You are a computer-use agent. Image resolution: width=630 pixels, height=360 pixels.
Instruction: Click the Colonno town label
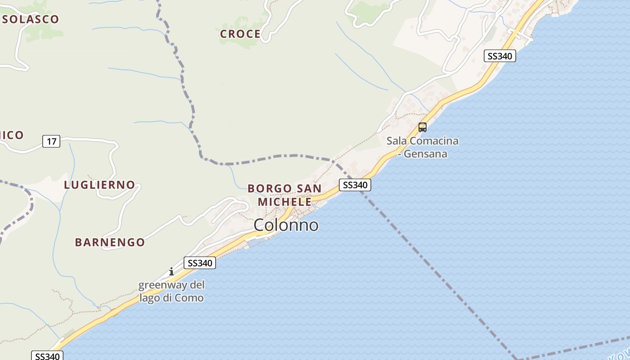pyautogui.click(x=286, y=225)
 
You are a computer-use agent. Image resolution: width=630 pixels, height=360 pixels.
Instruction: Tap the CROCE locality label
pyautogui.click(x=240, y=34)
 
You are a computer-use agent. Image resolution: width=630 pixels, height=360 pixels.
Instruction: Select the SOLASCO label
pyautogui.click(x=31, y=19)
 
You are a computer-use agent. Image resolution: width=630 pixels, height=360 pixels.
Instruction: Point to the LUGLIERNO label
pyautogui.click(x=99, y=185)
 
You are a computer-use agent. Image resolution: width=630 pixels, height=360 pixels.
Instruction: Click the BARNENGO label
pyautogui.click(x=110, y=243)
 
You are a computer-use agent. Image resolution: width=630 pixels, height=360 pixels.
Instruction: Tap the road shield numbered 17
pyautogui.click(x=51, y=141)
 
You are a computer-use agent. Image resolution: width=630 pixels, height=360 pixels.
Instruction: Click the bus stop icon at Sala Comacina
pyautogui.click(x=422, y=127)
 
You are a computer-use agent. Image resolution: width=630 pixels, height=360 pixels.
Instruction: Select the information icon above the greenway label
pyautogui.click(x=171, y=271)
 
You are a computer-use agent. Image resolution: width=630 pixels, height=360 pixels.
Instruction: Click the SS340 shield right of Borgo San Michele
pyautogui.click(x=355, y=185)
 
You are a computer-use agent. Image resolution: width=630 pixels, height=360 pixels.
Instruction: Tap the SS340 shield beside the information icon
pyautogui.click(x=200, y=263)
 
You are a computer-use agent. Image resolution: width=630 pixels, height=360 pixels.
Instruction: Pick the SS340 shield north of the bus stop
pyautogui.click(x=499, y=56)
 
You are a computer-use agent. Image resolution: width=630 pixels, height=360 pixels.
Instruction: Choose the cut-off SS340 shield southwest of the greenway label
pyautogui.click(x=47, y=356)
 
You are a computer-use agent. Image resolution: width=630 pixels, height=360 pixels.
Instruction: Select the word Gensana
pyautogui.click(x=426, y=154)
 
